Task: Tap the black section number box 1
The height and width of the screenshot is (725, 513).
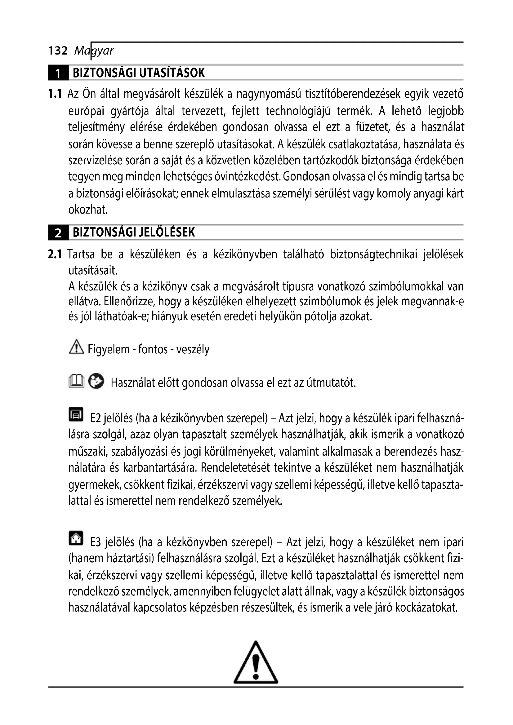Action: click(58, 73)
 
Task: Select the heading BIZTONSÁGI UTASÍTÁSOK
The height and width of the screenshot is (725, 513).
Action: click(139, 73)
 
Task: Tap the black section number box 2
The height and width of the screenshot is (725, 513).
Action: click(58, 233)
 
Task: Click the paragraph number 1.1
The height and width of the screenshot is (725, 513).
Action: click(55, 94)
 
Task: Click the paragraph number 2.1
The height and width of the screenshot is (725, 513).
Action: click(55, 254)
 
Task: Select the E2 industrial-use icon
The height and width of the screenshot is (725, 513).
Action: click(76, 414)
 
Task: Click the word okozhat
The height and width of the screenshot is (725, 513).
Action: click(88, 210)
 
